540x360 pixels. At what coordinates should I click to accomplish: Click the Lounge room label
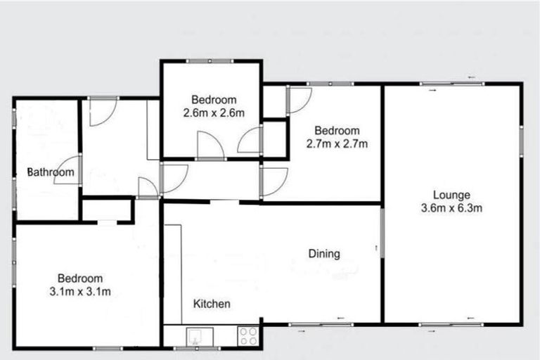[x=451, y=195]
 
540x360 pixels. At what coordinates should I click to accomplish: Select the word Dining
[x=324, y=254]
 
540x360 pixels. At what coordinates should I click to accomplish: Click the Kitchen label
[x=212, y=304]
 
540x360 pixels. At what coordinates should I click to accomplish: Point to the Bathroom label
[x=51, y=172]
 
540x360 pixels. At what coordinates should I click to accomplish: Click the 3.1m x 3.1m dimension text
[x=80, y=291]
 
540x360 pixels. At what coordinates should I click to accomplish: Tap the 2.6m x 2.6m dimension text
[x=214, y=112]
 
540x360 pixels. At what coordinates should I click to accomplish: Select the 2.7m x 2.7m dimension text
[x=337, y=143]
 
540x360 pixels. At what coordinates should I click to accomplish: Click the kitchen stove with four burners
[x=247, y=335]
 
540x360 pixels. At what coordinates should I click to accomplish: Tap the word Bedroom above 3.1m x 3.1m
[x=80, y=278]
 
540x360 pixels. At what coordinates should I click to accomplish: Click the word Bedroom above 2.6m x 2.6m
[x=214, y=100]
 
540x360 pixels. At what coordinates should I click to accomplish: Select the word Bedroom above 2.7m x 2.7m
[x=337, y=131]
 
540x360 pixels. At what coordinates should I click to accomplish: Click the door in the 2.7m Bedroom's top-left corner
[x=297, y=100]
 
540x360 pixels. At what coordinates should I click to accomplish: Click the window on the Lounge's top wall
[x=452, y=84]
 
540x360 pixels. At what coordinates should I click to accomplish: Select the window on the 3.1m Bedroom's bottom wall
[x=108, y=347]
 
